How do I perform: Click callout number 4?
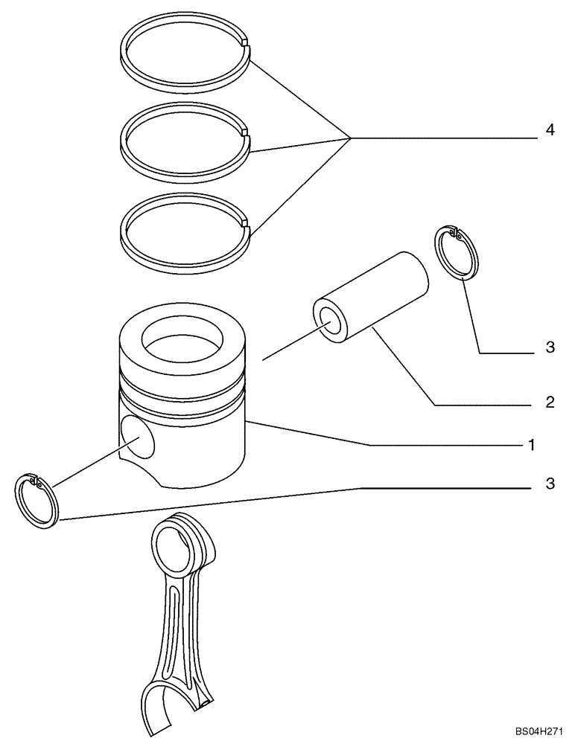550,130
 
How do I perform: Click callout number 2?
550,403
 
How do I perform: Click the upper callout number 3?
550,347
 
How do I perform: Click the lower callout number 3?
550,484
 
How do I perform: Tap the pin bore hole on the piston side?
138,437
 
